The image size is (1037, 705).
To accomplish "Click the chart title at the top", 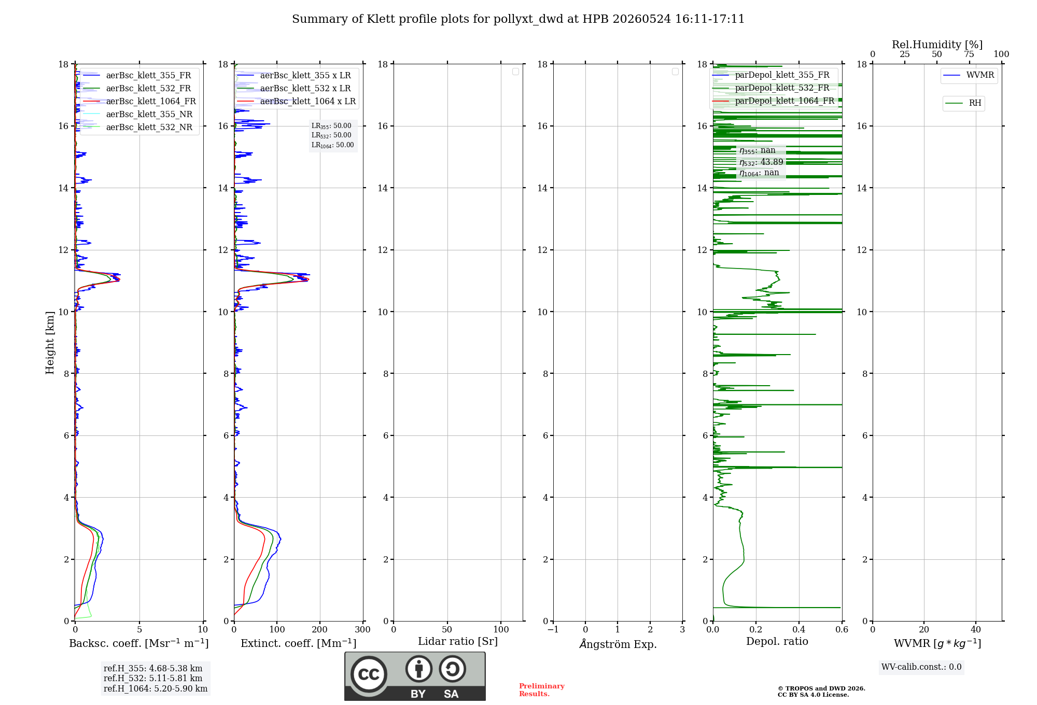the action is coord(518,19).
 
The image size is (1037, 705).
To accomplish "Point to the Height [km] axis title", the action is coord(50,343).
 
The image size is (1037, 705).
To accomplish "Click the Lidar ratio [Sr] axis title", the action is coord(458,642).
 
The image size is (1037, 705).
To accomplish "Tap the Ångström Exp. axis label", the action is coord(618,644).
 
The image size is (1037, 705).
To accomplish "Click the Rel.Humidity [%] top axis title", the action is coord(937,45).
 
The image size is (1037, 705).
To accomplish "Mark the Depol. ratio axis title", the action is coord(777,642).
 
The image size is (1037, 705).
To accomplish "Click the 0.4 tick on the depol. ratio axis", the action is coord(799,630).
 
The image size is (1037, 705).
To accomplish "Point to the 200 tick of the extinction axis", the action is coord(320,630).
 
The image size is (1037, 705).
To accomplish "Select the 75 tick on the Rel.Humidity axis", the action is coord(969,54).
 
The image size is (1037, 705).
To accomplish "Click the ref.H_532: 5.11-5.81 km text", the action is coord(153,679).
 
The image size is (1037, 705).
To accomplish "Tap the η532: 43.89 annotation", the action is coord(761,162).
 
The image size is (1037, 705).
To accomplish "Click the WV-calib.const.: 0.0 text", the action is coord(921,667).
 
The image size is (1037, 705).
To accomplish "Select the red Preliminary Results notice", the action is coord(542,690).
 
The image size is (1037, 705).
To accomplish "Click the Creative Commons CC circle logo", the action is coord(369,674).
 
